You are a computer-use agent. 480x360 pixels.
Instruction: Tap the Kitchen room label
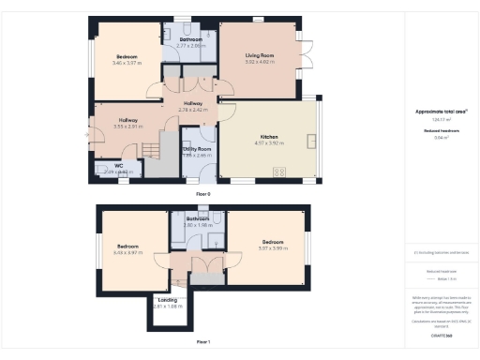(269, 136)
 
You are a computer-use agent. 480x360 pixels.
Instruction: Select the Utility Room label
(197, 149)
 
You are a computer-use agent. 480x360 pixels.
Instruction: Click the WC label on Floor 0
(118, 166)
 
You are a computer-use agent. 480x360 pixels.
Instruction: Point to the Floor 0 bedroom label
(125, 56)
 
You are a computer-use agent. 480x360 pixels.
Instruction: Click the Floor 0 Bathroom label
(191, 39)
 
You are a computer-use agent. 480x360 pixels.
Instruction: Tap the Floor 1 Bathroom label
(196, 219)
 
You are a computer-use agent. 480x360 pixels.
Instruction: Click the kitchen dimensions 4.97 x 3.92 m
(269, 142)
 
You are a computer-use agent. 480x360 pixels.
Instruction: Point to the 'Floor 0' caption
(202, 193)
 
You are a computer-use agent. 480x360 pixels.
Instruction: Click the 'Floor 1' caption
(202, 342)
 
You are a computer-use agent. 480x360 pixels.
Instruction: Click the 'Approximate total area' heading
(441, 112)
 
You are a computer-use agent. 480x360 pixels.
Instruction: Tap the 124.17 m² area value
(441, 119)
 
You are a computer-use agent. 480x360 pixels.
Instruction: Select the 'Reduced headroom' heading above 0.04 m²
(441, 129)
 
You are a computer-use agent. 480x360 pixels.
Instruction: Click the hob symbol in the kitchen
(278, 171)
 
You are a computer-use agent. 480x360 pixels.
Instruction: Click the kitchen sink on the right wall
(312, 142)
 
